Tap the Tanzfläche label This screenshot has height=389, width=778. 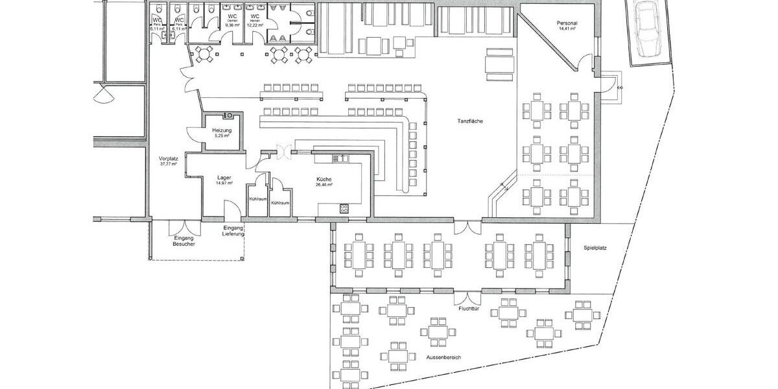[x=469, y=121]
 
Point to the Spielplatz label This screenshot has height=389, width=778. [x=595, y=248]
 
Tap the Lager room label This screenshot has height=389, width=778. [x=225, y=177]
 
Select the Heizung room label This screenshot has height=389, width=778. [x=222, y=130]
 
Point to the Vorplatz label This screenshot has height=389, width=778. [x=168, y=159]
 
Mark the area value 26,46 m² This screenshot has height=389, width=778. [x=324, y=184]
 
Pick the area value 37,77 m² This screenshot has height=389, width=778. [x=168, y=165]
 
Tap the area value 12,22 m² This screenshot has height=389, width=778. [x=255, y=25]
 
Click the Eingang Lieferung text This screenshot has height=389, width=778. [x=233, y=230]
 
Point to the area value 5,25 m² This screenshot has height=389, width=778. [x=222, y=136]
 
